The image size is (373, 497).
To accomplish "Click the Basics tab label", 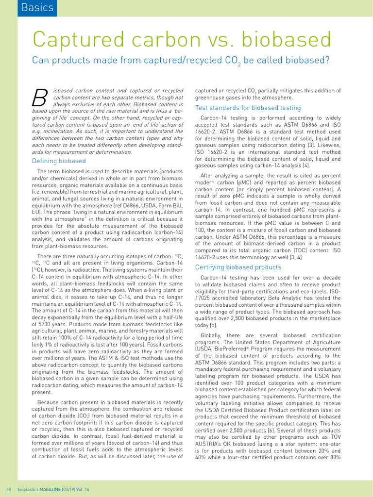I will [x=37, y=8].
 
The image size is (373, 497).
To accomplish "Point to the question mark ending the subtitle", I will [x=327, y=60].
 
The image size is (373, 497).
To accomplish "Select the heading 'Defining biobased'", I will [x=59, y=161].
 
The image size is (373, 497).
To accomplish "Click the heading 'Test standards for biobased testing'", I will [x=248, y=108].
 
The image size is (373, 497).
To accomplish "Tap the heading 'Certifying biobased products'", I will [x=238, y=267].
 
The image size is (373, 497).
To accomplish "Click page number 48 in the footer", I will [x=9, y=488].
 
